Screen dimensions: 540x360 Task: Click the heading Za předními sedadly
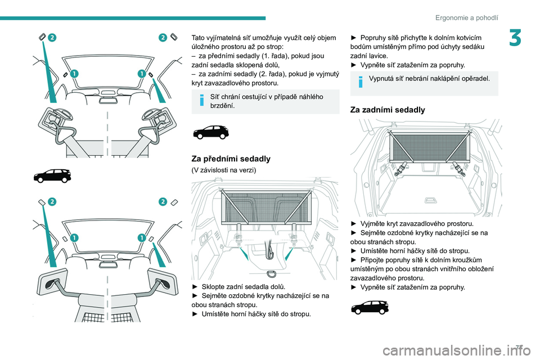click(x=231, y=159)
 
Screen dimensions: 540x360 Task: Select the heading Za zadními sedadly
click(x=388, y=110)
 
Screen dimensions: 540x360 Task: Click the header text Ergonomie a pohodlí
click(x=467, y=17)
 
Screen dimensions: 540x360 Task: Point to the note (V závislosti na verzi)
click(x=224, y=170)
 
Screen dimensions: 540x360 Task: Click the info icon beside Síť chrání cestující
click(x=202, y=100)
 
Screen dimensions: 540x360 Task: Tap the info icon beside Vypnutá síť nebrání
click(x=361, y=82)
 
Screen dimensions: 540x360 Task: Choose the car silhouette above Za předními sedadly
click(x=211, y=133)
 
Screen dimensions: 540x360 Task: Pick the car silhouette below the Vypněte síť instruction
click(x=370, y=307)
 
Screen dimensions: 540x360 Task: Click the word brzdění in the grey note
click(x=223, y=106)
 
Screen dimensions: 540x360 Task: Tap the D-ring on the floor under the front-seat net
click(x=271, y=274)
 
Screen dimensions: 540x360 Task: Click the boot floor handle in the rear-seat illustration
click(x=430, y=200)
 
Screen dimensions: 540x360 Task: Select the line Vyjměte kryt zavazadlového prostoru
click(x=412, y=223)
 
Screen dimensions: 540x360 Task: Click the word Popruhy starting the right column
click(x=377, y=38)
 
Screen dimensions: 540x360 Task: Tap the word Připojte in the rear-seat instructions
click(x=373, y=260)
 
